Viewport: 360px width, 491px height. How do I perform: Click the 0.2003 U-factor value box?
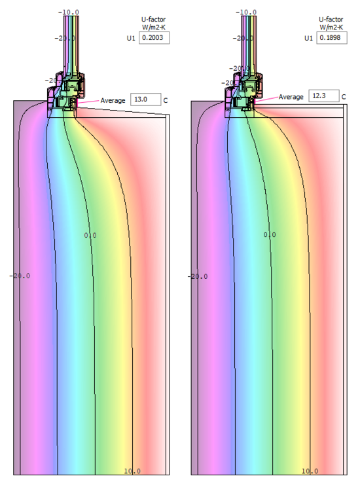[154, 38]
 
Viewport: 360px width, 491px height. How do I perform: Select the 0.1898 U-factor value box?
[331, 38]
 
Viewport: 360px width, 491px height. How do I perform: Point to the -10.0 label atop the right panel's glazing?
[245, 12]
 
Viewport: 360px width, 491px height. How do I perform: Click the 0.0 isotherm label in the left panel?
[90, 234]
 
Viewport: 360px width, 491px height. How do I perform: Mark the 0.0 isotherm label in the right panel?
[269, 234]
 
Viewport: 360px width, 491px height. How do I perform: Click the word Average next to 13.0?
[113, 100]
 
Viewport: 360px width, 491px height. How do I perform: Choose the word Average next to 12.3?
[291, 97]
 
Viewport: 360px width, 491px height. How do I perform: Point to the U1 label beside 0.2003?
[132, 39]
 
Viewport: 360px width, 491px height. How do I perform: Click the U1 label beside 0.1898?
[308, 39]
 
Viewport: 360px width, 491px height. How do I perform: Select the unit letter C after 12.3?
[344, 98]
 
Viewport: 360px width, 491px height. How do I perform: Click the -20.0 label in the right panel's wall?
[198, 276]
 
